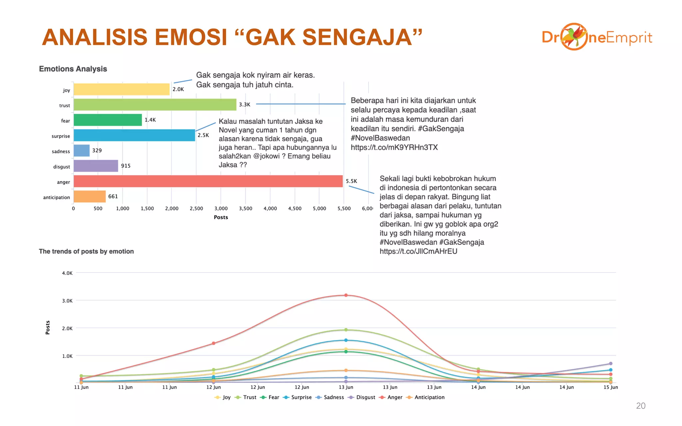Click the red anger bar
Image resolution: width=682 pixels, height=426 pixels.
coord(208,181)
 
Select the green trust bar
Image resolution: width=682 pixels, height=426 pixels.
coord(155,105)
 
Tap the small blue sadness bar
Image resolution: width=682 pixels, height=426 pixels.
coord(82,150)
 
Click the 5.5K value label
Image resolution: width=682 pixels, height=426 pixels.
coord(351,181)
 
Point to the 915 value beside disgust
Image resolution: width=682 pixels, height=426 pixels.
coord(126,166)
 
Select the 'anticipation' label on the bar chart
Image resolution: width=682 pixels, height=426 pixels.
coord(57,197)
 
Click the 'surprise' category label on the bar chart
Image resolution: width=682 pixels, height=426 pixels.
coord(61,136)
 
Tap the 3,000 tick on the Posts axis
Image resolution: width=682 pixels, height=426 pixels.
coord(221,208)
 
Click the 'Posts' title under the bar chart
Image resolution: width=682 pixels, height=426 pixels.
coord(221,217)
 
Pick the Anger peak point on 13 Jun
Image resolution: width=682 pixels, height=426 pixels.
coord(346,295)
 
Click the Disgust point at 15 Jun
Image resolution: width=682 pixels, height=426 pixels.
coord(610,363)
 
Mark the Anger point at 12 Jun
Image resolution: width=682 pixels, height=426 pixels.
coord(213,343)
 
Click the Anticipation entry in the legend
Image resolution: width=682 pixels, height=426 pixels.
coord(429,397)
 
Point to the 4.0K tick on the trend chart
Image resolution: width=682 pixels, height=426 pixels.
coord(67,273)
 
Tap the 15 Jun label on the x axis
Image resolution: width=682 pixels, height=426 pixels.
coord(610,387)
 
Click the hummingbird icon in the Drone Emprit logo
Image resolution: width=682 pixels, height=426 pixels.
coord(573,36)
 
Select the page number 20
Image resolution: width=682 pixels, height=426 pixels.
coord(640,406)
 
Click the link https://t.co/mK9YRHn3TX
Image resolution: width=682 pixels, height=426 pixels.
coord(394,147)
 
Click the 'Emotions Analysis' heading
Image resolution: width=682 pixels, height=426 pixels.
coord(73,69)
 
